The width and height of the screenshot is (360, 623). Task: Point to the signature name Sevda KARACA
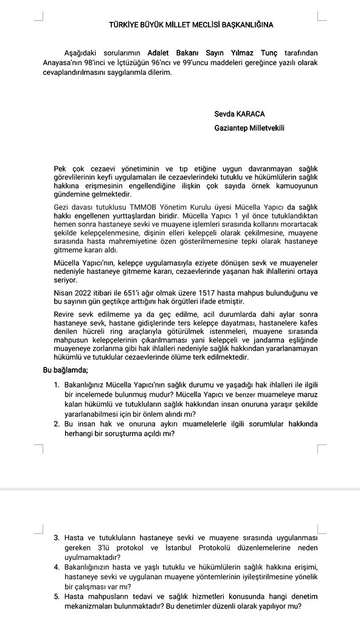[240, 113]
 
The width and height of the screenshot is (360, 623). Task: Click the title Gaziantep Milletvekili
[249, 128]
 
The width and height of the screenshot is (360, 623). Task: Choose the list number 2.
[57, 425]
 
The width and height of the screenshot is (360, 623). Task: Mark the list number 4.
[57, 567]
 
